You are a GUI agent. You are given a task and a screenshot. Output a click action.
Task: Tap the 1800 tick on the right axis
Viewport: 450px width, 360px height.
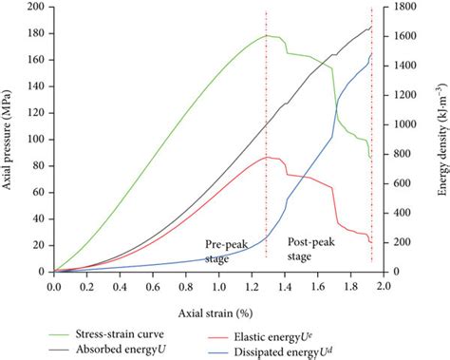click(x=404, y=7)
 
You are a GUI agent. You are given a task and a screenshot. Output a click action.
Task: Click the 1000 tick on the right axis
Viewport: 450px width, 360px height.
click(x=404, y=124)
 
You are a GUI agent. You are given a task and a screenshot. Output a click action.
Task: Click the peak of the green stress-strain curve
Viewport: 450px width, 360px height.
click(x=267, y=35)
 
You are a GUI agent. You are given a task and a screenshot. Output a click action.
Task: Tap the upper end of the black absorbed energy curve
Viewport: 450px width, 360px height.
click(x=371, y=26)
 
